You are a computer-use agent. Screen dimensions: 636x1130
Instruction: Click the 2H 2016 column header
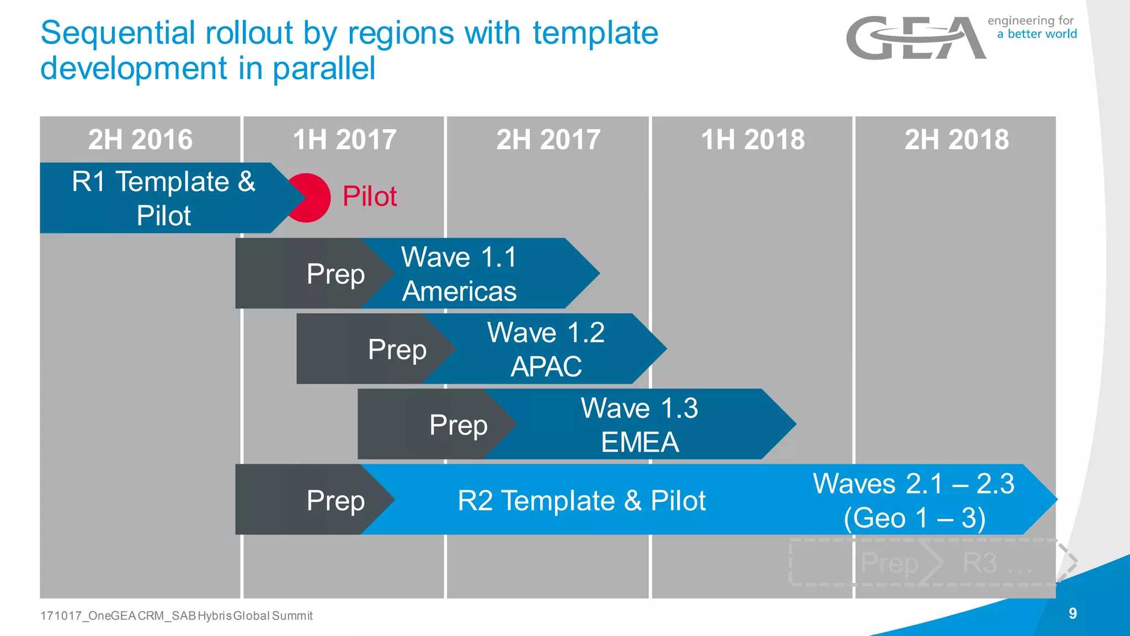[140, 139]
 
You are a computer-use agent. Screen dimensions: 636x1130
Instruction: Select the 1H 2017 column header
[344, 139]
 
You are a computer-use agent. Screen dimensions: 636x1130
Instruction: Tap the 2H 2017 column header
[548, 139]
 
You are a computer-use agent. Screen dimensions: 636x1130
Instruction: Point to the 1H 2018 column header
[753, 139]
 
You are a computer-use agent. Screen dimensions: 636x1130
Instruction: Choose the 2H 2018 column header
[956, 139]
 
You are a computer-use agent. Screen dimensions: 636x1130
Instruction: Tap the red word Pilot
[369, 197]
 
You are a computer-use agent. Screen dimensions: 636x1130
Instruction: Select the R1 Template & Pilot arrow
[163, 198]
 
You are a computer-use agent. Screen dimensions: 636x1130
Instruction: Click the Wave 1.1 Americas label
[459, 274]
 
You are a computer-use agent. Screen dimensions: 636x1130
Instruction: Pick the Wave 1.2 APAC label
[546, 349]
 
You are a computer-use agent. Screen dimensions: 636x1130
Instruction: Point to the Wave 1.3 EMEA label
[639, 425]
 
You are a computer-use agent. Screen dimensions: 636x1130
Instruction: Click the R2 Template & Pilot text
[582, 500]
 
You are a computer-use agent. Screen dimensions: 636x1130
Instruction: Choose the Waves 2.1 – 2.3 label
[914, 500]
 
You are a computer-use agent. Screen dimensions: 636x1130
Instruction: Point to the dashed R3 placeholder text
[996, 563]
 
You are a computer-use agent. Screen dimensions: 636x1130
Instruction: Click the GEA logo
[916, 38]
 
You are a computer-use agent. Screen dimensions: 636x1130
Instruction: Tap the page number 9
[1073, 613]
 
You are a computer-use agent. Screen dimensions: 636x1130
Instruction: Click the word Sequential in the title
[118, 33]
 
